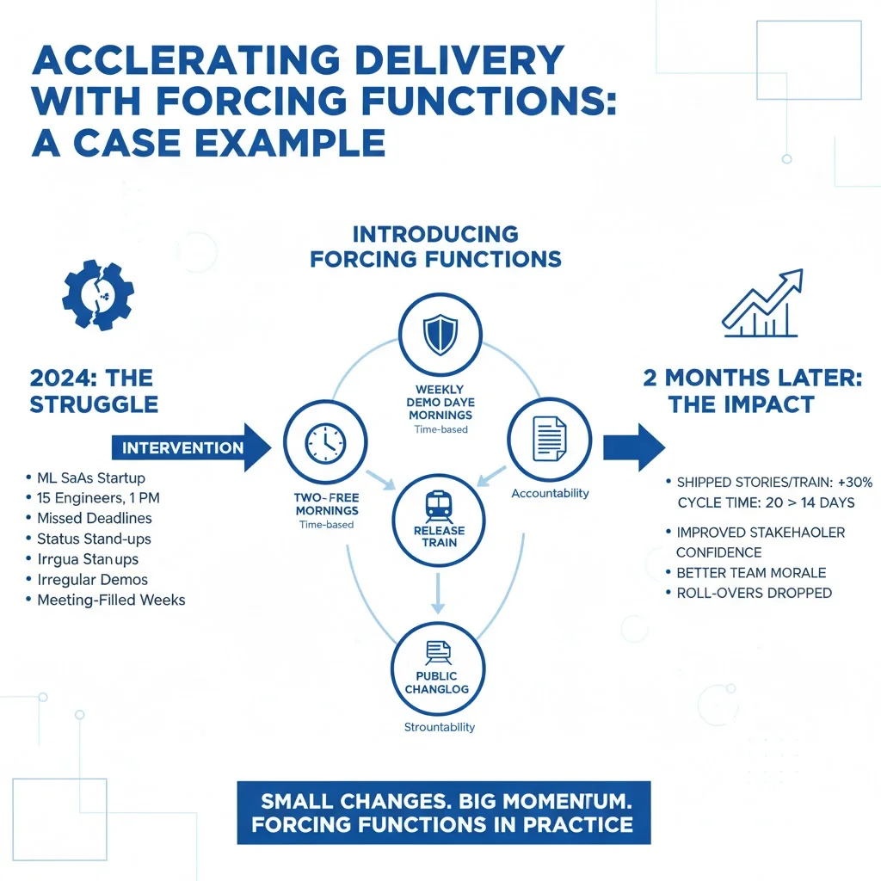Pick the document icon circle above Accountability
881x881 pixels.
549,439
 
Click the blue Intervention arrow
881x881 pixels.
190,447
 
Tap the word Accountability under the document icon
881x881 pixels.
550,493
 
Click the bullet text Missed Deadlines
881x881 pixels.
95,518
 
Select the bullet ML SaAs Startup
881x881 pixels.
91,477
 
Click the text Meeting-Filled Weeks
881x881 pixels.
111,600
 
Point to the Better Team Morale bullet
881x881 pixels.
751,573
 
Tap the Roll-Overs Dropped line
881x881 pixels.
755,593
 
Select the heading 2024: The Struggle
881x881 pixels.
92,391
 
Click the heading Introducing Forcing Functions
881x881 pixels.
435,246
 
